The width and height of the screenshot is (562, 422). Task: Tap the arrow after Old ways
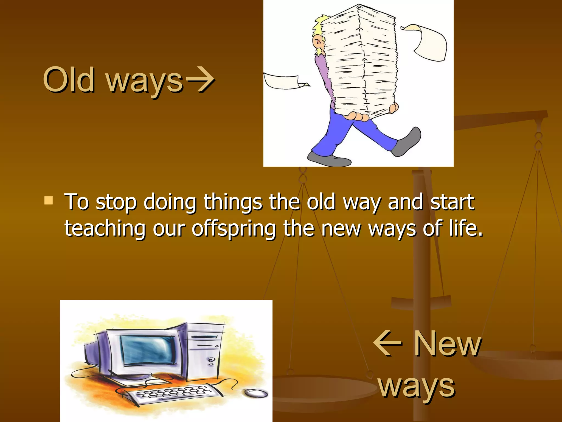pos(200,80)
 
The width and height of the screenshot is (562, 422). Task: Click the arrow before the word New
pos(387,343)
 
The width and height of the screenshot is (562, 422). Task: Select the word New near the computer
pos(447,344)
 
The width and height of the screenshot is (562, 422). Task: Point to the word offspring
pos(234,229)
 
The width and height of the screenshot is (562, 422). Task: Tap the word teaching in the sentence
pos(105,229)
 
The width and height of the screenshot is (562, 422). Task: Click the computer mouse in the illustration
pos(256,393)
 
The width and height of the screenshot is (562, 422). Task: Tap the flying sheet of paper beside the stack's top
pos(428,41)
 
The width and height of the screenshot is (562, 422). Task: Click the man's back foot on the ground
pos(328,159)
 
